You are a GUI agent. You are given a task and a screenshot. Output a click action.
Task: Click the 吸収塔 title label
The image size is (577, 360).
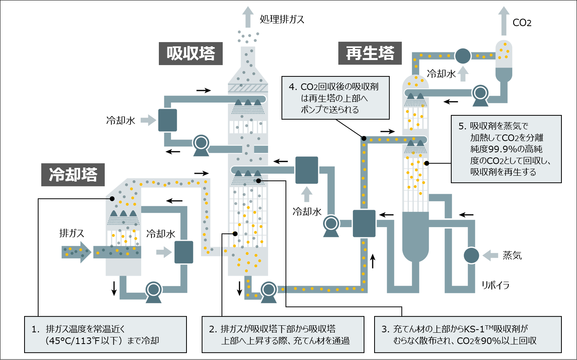pos(191,53)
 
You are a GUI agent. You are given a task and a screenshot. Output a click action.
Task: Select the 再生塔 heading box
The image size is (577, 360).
pos(370,53)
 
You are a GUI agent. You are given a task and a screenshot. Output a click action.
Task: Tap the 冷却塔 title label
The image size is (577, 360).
pos(73,175)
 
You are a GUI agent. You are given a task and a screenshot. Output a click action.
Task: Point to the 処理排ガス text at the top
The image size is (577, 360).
pos(282,19)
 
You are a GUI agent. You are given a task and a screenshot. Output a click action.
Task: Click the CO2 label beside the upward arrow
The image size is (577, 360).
pos(522,23)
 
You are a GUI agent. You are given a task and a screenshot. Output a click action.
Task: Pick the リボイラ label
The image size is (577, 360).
pos(495,285)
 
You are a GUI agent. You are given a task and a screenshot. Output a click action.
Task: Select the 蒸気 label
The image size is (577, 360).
pos(512,256)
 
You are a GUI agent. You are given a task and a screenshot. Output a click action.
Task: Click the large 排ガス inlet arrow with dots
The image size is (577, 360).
pos(76,252)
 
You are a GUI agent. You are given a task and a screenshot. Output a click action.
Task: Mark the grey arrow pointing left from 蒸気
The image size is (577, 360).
pos(490,256)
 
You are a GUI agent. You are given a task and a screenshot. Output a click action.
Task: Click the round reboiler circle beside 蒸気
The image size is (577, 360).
pos(471,256)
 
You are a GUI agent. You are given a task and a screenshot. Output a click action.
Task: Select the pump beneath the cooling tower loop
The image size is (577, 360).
pos(153,291)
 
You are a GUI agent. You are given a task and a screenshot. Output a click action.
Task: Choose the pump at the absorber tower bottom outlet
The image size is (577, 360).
pos(268,291)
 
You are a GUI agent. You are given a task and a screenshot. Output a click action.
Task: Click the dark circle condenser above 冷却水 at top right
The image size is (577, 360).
pos(463,56)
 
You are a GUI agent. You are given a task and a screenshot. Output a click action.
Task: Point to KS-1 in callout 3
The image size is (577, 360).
pos(474,329)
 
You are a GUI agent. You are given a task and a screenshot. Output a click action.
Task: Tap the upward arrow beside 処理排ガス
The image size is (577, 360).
pos(248,17)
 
